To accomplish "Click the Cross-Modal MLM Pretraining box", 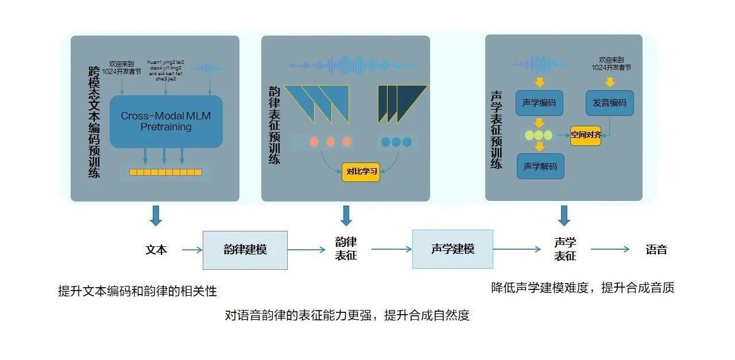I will (x=165, y=121).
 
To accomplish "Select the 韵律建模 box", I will (x=245, y=250).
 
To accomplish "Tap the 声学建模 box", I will (x=452, y=249).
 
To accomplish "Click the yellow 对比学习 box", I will (x=361, y=171).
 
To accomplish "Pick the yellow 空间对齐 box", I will (x=586, y=136).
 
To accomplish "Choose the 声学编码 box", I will (x=539, y=103).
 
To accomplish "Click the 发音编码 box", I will (x=609, y=103).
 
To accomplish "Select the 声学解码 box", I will (x=540, y=166).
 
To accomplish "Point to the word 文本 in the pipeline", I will (x=156, y=250).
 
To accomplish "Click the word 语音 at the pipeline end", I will (x=656, y=250).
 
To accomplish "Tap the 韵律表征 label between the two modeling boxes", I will (x=346, y=249).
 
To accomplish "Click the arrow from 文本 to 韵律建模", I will (x=192, y=250).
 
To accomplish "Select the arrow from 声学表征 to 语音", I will (x=610, y=249).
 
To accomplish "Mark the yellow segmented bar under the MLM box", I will (x=165, y=172).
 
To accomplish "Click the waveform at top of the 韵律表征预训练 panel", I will (x=351, y=65).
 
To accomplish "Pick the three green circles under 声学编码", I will (x=539, y=136).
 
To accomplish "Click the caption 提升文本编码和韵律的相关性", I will (x=137, y=291).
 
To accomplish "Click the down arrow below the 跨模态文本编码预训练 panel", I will (x=156, y=215).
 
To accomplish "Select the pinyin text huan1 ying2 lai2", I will (x=165, y=62).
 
